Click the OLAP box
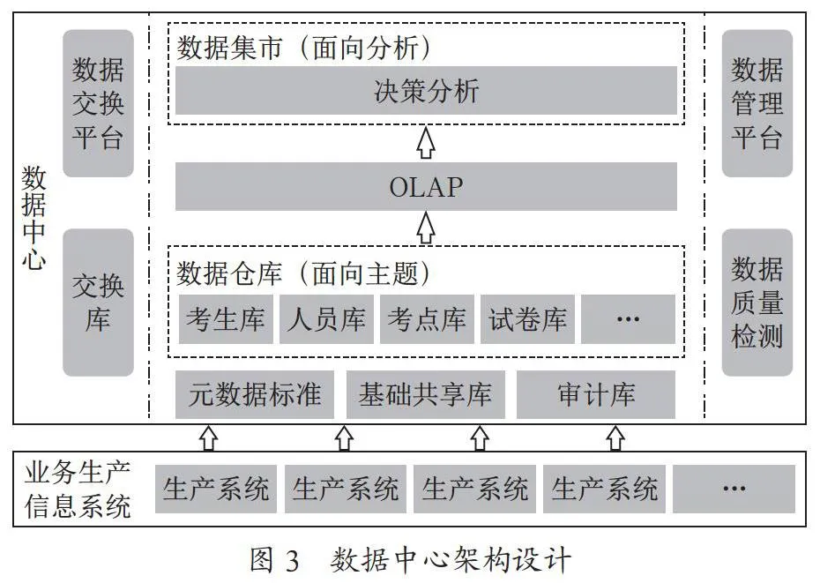tap(426, 186)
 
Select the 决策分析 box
tap(426, 91)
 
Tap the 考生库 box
tap(226, 319)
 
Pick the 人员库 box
tap(326, 319)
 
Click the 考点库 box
tap(427, 319)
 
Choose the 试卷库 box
tap(527, 319)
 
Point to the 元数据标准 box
tap(254, 394)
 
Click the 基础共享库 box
tap(426, 394)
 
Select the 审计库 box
tap(596, 394)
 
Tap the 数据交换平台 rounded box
tap(99, 103)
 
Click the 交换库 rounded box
tap(99, 303)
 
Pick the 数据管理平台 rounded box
tap(757, 103)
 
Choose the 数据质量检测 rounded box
tap(757, 303)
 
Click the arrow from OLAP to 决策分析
tap(426, 142)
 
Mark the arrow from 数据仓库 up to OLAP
tap(426, 228)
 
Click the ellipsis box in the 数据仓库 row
tap(628, 319)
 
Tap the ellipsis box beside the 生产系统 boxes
tap(734, 489)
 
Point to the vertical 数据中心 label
tap(34, 218)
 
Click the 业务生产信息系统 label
tap(78, 490)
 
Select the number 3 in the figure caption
tap(292, 561)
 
